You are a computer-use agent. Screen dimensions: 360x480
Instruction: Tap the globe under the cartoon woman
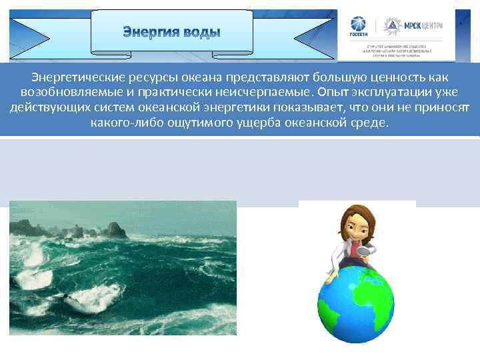(x=355, y=303)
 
